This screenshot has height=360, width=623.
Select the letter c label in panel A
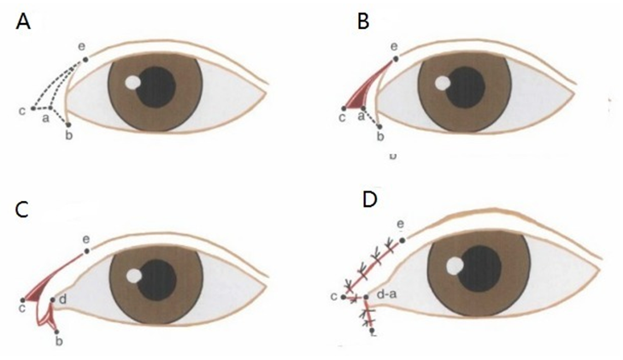[x=21, y=110]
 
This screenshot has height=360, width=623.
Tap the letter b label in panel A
[x=68, y=136]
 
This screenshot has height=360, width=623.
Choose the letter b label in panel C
[x=58, y=342]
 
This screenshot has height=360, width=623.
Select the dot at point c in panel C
[x=24, y=300]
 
